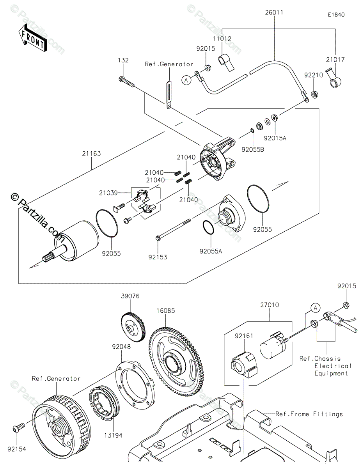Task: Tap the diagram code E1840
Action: [x=336, y=15]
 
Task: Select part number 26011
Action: [x=275, y=12]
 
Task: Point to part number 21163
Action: [x=91, y=154]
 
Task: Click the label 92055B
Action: [x=252, y=149]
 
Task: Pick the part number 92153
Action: [x=158, y=257]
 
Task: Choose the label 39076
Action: [x=130, y=296]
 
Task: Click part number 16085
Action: [x=166, y=311]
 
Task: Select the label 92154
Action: [x=16, y=449]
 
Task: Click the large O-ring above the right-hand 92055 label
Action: [x=258, y=199]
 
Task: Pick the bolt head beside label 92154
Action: [x=16, y=429]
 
